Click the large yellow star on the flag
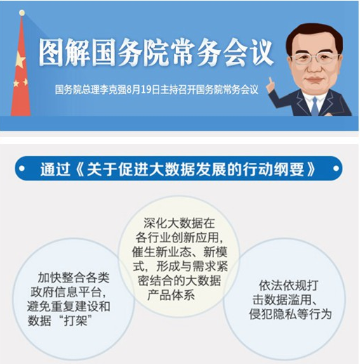click(20, 60)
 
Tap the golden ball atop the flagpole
click(22, 13)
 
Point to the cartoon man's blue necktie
click(315, 106)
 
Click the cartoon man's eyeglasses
click(314, 58)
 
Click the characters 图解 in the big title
click(65, 52)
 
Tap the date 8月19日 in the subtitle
click(143, 90)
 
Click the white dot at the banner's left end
click(22, 169)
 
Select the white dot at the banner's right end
click(336, 168)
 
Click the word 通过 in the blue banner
click(55, 169)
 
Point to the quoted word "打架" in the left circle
click(74, 320)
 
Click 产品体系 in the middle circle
click(171, 295)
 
